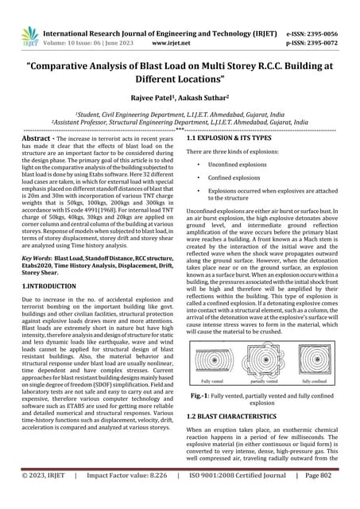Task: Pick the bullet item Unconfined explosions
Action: [237, 165]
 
